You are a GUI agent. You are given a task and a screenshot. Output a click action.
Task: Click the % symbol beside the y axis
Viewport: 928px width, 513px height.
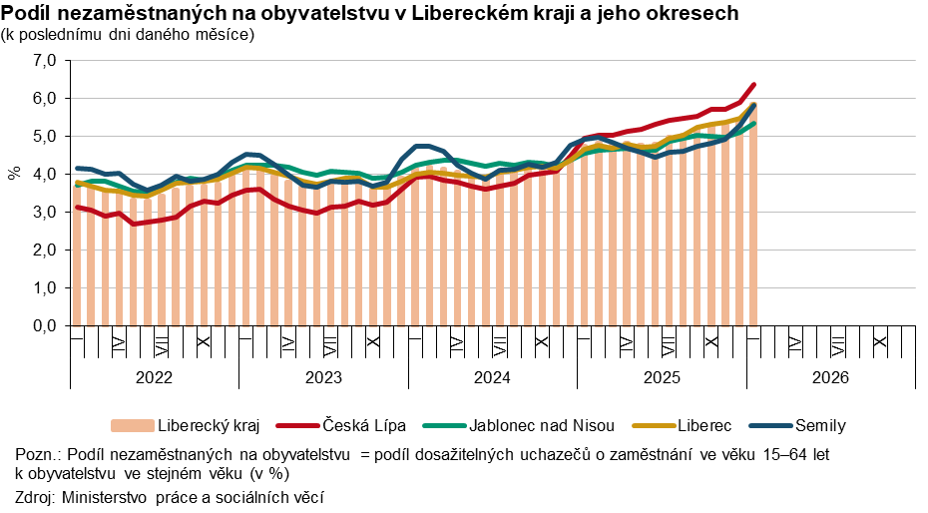click(x=15, y=174)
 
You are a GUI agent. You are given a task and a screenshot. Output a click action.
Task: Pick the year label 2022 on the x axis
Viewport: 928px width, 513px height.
click(x=154, y=377)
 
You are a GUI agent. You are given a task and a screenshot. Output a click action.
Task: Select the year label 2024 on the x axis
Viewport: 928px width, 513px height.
click(x=492, y=377)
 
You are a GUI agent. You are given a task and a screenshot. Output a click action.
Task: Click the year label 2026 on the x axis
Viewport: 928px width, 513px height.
click(x=830, y=377)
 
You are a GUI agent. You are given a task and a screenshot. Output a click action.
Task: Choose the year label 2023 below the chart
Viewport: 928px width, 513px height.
click(x=323, y=377)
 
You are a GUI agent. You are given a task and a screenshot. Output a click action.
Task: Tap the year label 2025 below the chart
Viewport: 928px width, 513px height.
click(x=662, y=377)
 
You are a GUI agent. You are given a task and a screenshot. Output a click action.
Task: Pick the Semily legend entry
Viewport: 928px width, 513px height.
click(x=819, y=426)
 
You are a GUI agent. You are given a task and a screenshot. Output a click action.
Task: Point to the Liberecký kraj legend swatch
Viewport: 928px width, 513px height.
click(x=133, y=426)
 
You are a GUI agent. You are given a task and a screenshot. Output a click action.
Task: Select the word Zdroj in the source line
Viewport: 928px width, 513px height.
click(x=35, y=496)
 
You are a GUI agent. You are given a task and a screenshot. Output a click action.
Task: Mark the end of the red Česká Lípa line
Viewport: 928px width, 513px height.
click(x=753, y=85)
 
